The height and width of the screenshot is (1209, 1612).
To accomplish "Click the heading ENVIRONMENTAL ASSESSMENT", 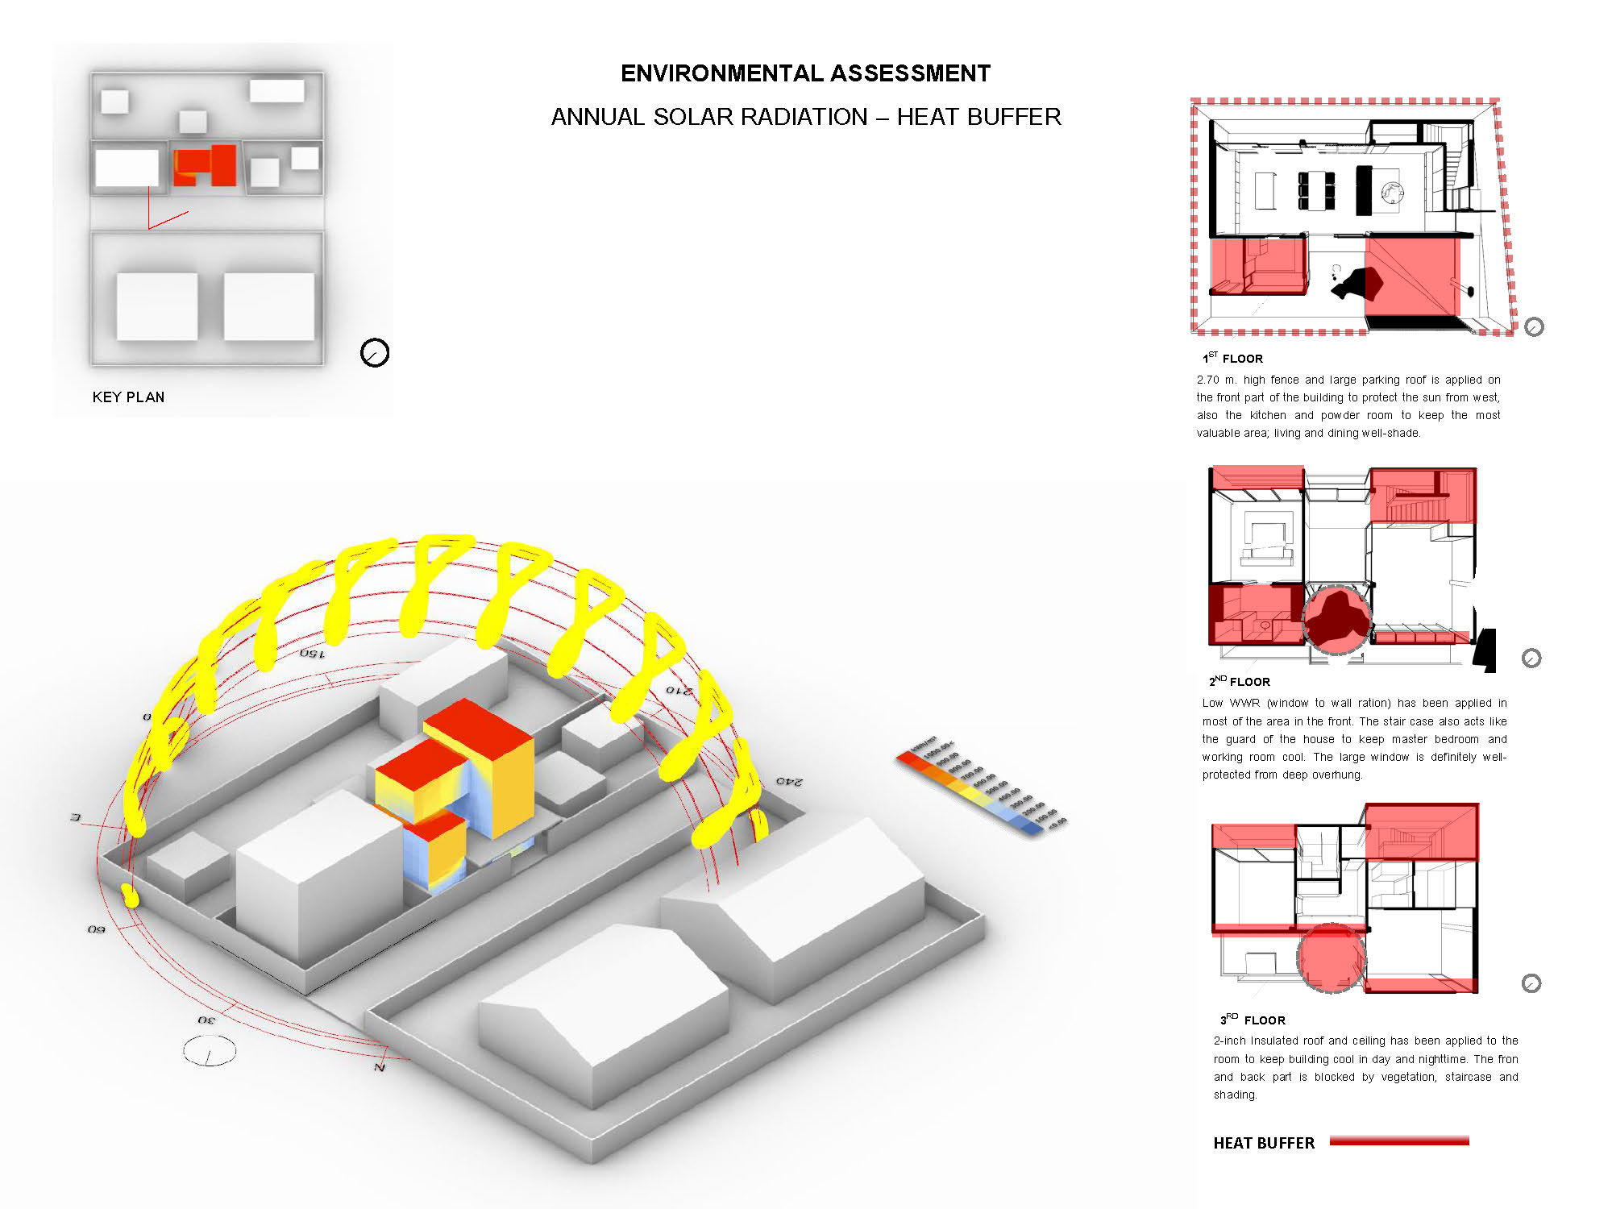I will (805, 73).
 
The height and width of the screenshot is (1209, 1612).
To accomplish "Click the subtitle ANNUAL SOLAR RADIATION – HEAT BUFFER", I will (805, 117).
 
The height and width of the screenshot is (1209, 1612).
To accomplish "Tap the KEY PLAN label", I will (128, 397).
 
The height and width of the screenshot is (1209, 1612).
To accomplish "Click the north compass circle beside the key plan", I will (375, 352).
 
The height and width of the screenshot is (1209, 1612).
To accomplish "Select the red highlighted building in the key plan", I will (206, 165).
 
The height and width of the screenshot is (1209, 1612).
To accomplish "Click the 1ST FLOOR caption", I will (1232, 358).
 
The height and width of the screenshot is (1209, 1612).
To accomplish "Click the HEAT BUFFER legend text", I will (1263, 1143).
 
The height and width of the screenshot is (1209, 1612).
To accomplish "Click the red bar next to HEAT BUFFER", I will (1399, 1140).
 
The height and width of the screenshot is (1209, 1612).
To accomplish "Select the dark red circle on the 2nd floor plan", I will (1336, 620).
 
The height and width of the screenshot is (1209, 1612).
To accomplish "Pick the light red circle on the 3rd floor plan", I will (1331, 957).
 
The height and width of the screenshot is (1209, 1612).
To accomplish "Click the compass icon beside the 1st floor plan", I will (1534, 326).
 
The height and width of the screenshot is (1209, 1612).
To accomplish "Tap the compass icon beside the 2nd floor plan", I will (1531, 658).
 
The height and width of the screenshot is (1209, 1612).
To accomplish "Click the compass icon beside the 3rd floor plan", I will (1531, 983).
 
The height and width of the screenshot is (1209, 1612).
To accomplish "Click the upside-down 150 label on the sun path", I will (312, 653).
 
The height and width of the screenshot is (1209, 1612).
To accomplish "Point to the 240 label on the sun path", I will (789, 781).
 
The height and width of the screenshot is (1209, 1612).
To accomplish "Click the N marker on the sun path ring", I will (379, 1066).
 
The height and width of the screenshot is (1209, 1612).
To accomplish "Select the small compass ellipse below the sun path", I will (210, 1051).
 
